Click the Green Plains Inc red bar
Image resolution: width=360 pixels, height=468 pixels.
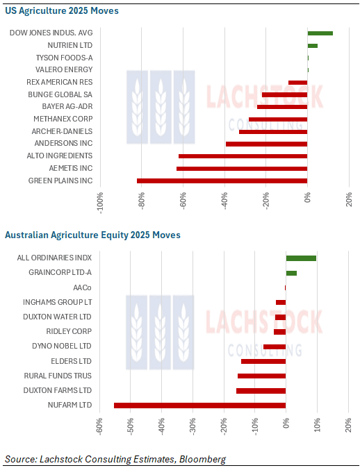coord(222,181)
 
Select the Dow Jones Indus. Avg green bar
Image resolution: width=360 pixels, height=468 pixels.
coord(320,33)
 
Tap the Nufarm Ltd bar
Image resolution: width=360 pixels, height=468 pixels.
coord(200,406)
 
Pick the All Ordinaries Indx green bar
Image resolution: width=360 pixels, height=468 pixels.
coord(301,258)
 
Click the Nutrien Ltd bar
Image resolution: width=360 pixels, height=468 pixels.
coord(313,46)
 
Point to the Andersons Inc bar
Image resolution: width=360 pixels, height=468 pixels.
coord(266,144)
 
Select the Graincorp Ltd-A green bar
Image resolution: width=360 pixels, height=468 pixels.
coord(291,273)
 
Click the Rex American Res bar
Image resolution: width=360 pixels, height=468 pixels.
coord(298,83)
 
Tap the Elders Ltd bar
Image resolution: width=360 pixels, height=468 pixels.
coord(263,362)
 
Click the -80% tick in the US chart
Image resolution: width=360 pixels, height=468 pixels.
coord(142,201)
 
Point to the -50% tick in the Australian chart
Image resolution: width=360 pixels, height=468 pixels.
coord(131,426)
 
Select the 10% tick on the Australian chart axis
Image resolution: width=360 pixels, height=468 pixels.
coord(318,425)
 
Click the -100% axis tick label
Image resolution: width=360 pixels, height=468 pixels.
coord(100,203)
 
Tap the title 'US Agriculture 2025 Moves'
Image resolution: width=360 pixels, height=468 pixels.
coord(62,10)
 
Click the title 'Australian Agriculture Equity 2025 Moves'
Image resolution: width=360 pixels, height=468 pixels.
coord(92,235)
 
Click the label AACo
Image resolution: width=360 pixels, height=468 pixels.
coord(83,287)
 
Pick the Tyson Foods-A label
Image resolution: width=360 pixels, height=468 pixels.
coord(64,58)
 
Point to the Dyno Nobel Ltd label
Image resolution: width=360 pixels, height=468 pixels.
coord(62,346)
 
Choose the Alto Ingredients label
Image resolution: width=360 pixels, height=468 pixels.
coord(60,156)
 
